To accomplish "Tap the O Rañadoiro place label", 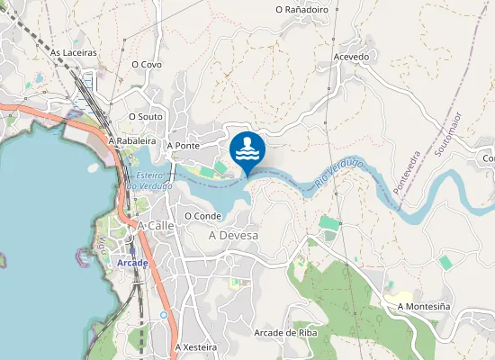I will click(x=301, y=9).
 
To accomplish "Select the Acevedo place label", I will click(x=351, y=56).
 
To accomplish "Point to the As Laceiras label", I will click(x=74, y=53).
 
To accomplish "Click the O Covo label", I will click(x=146, y=65).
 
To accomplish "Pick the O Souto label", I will click(x=145, y=116).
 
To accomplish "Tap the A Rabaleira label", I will click(x=132, y=141).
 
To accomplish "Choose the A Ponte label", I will click(x=183, y=145).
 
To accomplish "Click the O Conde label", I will click(x=202, y=216).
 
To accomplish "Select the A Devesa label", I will click(x=233, y=236).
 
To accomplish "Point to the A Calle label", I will click(x=155, y=225).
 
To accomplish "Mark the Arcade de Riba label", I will click(x=286, y=332).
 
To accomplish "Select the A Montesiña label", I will click(x=423, y=307).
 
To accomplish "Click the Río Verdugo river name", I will click(x=339, y=174).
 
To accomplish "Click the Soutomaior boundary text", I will click(x=447, y=135).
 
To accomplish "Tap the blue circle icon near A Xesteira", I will click(x=163, y=315).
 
